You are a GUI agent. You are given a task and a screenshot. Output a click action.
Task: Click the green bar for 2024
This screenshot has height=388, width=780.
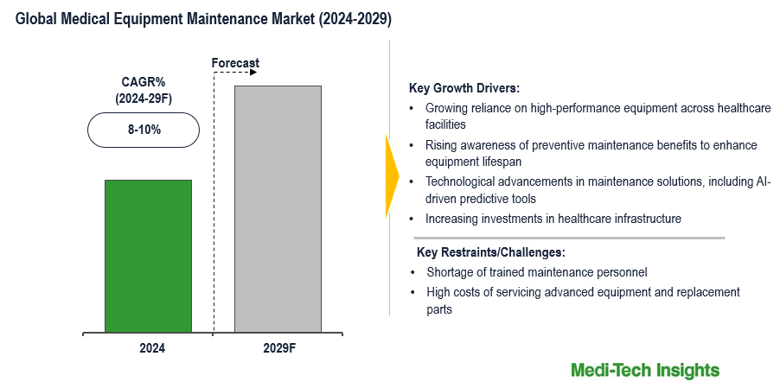(x=148, y=256)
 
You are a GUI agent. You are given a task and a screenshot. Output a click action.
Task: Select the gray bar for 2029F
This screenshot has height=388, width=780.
(x=278, y=208)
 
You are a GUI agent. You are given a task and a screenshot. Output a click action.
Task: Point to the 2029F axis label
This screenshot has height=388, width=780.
(x=278, y=348)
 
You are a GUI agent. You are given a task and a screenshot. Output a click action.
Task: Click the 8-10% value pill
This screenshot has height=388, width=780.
(x=144, y=130)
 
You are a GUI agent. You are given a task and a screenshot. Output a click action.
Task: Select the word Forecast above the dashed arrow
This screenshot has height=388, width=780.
(x=235, y=63)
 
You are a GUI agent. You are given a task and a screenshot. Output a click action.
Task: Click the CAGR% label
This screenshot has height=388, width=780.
(x=143, y=82)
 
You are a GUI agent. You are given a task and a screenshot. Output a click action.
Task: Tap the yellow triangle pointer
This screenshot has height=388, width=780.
(x=392, y=176)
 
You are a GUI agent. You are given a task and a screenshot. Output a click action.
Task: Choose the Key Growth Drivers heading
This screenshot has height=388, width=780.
(x=464, y=88)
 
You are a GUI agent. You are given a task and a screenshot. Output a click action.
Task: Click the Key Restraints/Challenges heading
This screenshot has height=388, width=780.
(x=490, y=252)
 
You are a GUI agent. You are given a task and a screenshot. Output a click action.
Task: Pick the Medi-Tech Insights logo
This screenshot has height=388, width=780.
(x=644, y=370)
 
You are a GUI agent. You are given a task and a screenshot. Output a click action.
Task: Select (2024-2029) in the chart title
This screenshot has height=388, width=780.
(x=349, y=20)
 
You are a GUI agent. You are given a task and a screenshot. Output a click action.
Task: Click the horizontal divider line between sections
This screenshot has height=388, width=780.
(x=569, y=238)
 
